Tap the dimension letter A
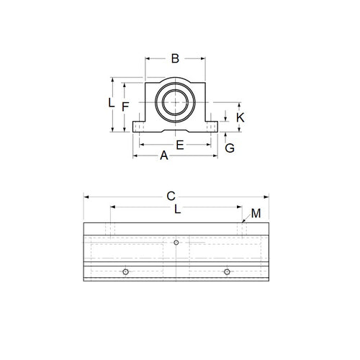pyautogui.click(x=163, y=156)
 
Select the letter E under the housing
pyautogui.click(x=181, y=145)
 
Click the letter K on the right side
pyautogui.click(x=240, y=117)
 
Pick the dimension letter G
pyautogui.click(x=230, y=148)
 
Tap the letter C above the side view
pyautogui.click(x=171, y=196)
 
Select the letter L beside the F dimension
pyautogui.click(x=111, y=103)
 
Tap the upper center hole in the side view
pyautogui.click(x=176, y=243)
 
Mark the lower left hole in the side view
pyautogui.click(x=125, y=271)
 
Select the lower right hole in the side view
pyautogui.click(x=227, y=271)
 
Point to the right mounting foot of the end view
pyautogui.click(x=211, y=127)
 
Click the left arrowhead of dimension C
pyautogui.click(x=86, y=195)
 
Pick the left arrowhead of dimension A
pyautogui.click(x=133, y=155)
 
